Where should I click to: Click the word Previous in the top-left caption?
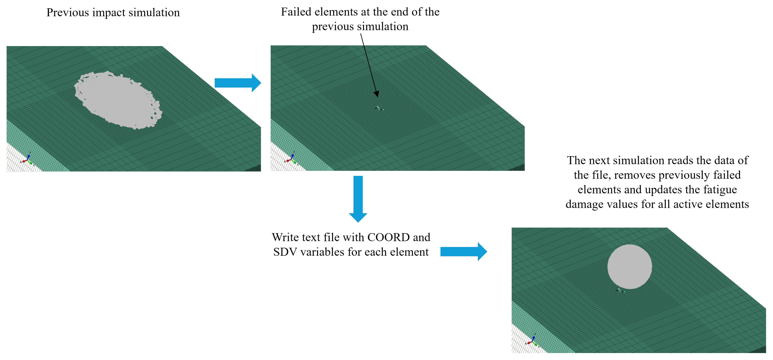coord(68,13)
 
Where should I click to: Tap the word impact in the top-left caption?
coord(109,13)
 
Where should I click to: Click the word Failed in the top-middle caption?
coord(296,12)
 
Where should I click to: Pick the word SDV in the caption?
coord(285,252)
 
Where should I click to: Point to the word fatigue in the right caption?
coord(720,190)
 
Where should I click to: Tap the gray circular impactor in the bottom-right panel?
coord(630,267)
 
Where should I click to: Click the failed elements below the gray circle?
coord(620,290)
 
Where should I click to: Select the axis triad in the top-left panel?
coord(27,160)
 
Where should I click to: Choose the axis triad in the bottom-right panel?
coord(532,341)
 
